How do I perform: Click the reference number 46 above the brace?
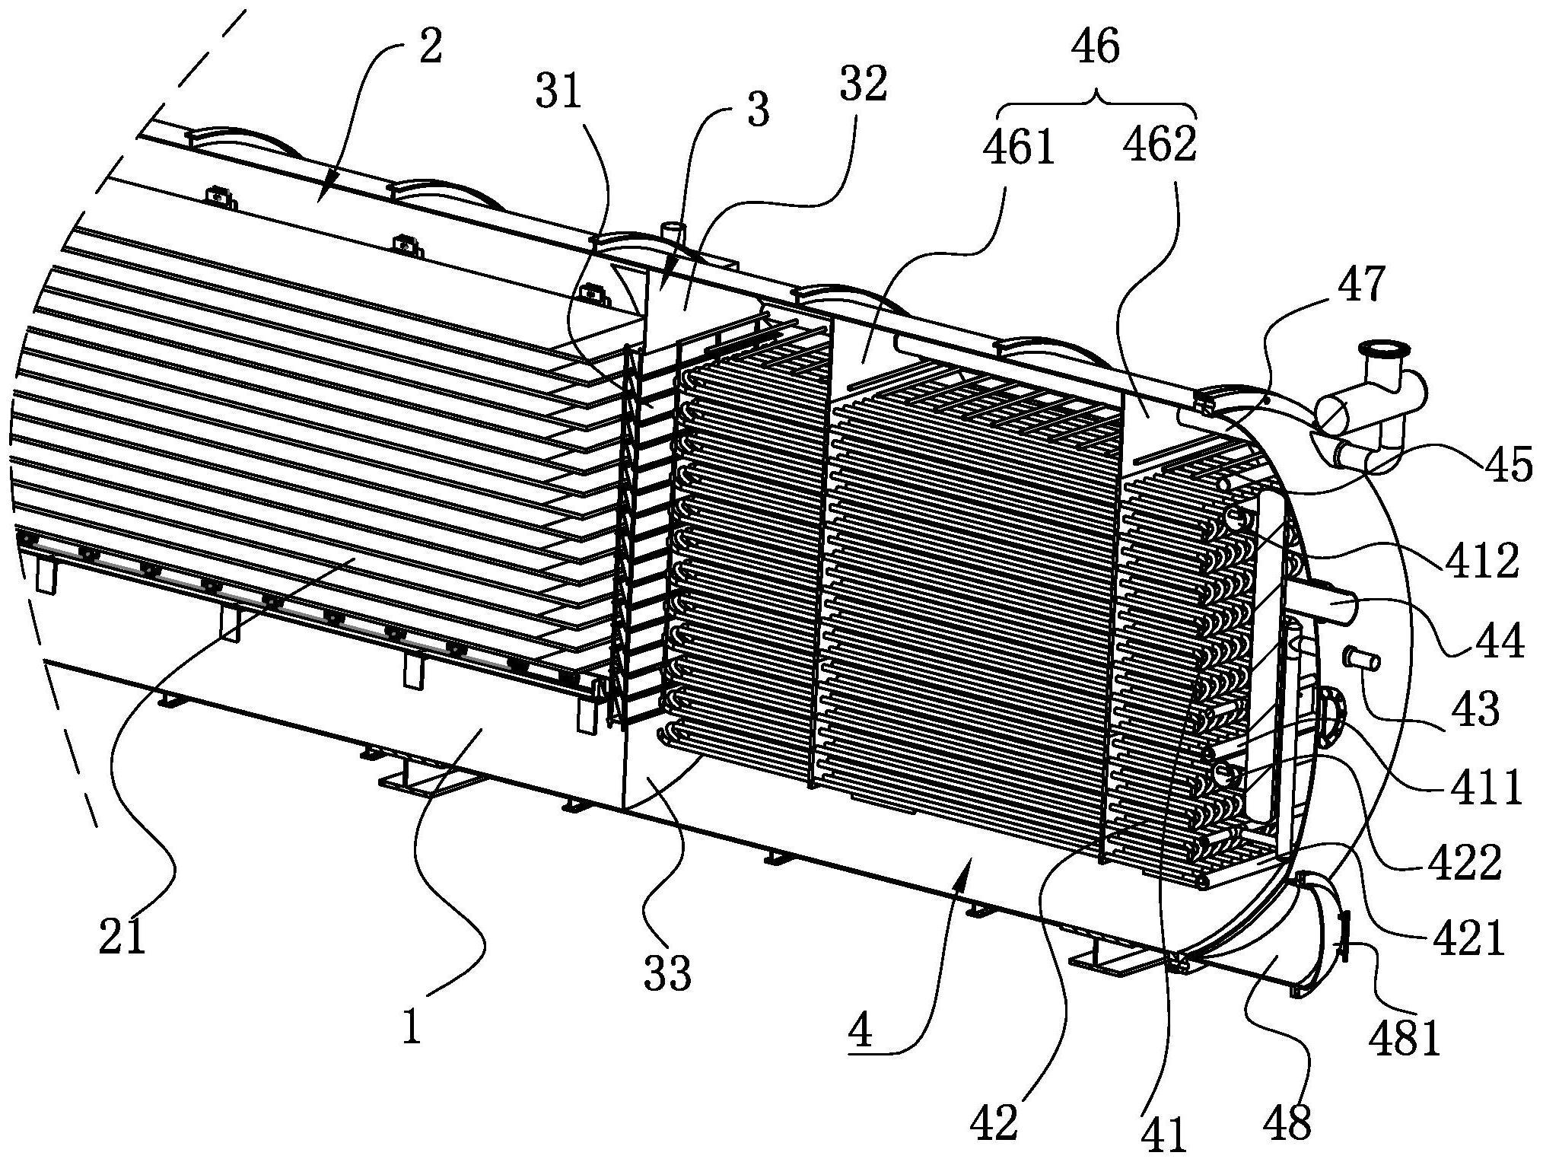[x=1096, y=48]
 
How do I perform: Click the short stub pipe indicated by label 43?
[x=1362, y=659]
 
